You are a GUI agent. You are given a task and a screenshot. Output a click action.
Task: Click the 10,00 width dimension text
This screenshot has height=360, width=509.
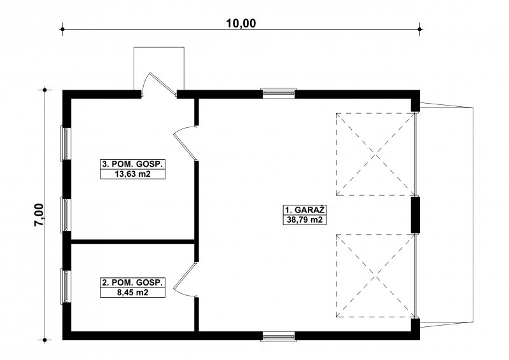[241, 24]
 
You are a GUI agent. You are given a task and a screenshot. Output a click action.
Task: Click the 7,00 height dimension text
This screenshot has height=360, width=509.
[39, 214]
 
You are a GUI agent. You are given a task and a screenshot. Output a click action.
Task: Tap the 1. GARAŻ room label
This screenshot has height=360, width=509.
[305, 209]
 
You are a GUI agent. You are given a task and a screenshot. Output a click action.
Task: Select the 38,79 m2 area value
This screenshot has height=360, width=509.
[305, 220]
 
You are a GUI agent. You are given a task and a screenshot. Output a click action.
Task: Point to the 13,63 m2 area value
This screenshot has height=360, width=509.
[132, 174]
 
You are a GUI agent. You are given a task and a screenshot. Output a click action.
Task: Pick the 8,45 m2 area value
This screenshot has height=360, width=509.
[132, 293]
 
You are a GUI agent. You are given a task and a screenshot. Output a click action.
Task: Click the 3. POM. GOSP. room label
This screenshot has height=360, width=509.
[132, 164]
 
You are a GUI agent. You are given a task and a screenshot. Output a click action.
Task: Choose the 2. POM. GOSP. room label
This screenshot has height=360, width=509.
[132, 283]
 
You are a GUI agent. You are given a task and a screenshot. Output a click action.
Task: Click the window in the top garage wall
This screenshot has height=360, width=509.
[279, 93]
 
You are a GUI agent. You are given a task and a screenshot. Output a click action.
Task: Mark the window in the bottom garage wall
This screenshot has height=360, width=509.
[279, 336]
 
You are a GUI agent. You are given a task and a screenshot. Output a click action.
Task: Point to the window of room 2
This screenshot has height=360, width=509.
[66, 286]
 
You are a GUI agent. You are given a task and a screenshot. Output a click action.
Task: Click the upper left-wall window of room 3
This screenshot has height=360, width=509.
[66, 143]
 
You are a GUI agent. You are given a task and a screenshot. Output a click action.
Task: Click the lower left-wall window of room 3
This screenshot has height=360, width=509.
[66, 214]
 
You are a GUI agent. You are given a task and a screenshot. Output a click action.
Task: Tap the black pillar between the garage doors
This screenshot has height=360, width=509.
[415, 215]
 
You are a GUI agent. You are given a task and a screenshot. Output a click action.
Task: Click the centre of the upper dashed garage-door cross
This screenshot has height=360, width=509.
[375, 154]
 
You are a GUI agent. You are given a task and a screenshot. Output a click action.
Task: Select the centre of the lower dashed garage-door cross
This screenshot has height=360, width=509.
[375, 275]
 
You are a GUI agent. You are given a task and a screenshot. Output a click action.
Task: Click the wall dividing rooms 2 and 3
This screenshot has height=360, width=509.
[132, 242]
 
